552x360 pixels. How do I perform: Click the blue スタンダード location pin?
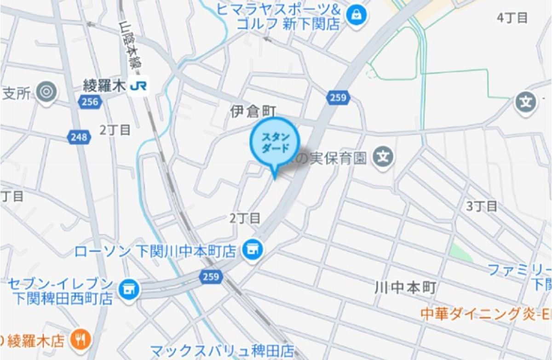coord(275,144)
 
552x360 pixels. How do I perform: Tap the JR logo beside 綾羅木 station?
coord(138,86)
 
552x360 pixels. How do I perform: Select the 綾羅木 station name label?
coord(104,86)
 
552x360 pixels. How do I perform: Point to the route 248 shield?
coord(79,137)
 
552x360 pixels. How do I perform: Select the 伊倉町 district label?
coord(253,111)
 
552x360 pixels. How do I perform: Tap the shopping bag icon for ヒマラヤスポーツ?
coord(356,15)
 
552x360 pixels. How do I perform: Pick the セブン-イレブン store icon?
coord(128,289)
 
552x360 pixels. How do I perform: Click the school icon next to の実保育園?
coord(383,158)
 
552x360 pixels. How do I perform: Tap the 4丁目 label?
coord(512,18)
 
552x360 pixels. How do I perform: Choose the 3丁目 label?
coord(482,206)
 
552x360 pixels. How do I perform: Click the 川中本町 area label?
coord(405,288)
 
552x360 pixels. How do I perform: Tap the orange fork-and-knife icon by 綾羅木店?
coord(81,340)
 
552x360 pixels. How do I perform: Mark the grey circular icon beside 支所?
coord(46,92)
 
